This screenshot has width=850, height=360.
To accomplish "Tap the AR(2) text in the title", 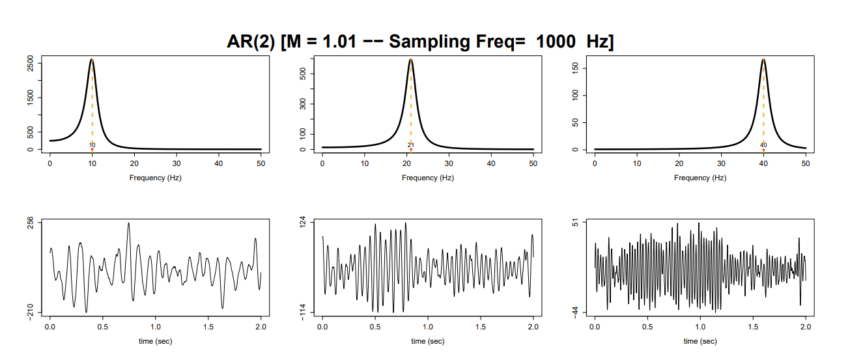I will point(251,42).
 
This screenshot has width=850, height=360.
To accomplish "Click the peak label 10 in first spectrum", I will point(92,145).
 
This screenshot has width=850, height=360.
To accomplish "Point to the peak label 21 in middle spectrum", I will point(411,145).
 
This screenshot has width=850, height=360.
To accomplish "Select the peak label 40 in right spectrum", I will point(763,145).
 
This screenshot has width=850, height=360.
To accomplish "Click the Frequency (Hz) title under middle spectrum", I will point(428,178).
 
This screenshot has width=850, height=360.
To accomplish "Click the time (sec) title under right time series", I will point(700,340).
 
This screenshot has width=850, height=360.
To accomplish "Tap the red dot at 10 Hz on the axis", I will point(92,150).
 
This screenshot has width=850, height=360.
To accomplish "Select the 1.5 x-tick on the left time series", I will point(208,327).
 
